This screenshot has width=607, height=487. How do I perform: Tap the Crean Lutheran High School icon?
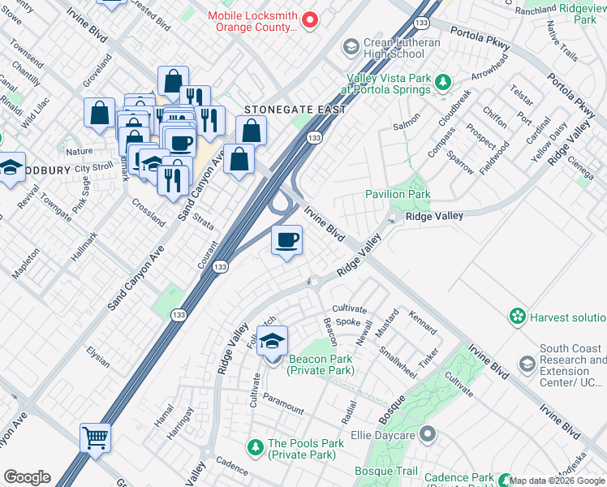(351, 46)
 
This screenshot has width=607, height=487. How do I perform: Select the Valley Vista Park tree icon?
(443, 81)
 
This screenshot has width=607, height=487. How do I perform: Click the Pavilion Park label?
(398, 194)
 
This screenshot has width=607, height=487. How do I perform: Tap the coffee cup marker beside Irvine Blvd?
(286, 242)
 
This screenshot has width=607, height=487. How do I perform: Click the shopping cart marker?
(95, 439)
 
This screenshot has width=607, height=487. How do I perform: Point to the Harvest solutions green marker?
(517, 316)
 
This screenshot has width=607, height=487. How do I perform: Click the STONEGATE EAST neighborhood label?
(295, 110)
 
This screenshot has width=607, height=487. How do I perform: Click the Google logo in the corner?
(27, 477)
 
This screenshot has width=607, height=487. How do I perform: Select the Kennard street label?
(423, 322)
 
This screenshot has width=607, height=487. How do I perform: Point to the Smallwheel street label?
(398, 362)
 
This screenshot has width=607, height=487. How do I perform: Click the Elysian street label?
(98, 357)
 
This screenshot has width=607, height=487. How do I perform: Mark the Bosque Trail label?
(386, 471)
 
